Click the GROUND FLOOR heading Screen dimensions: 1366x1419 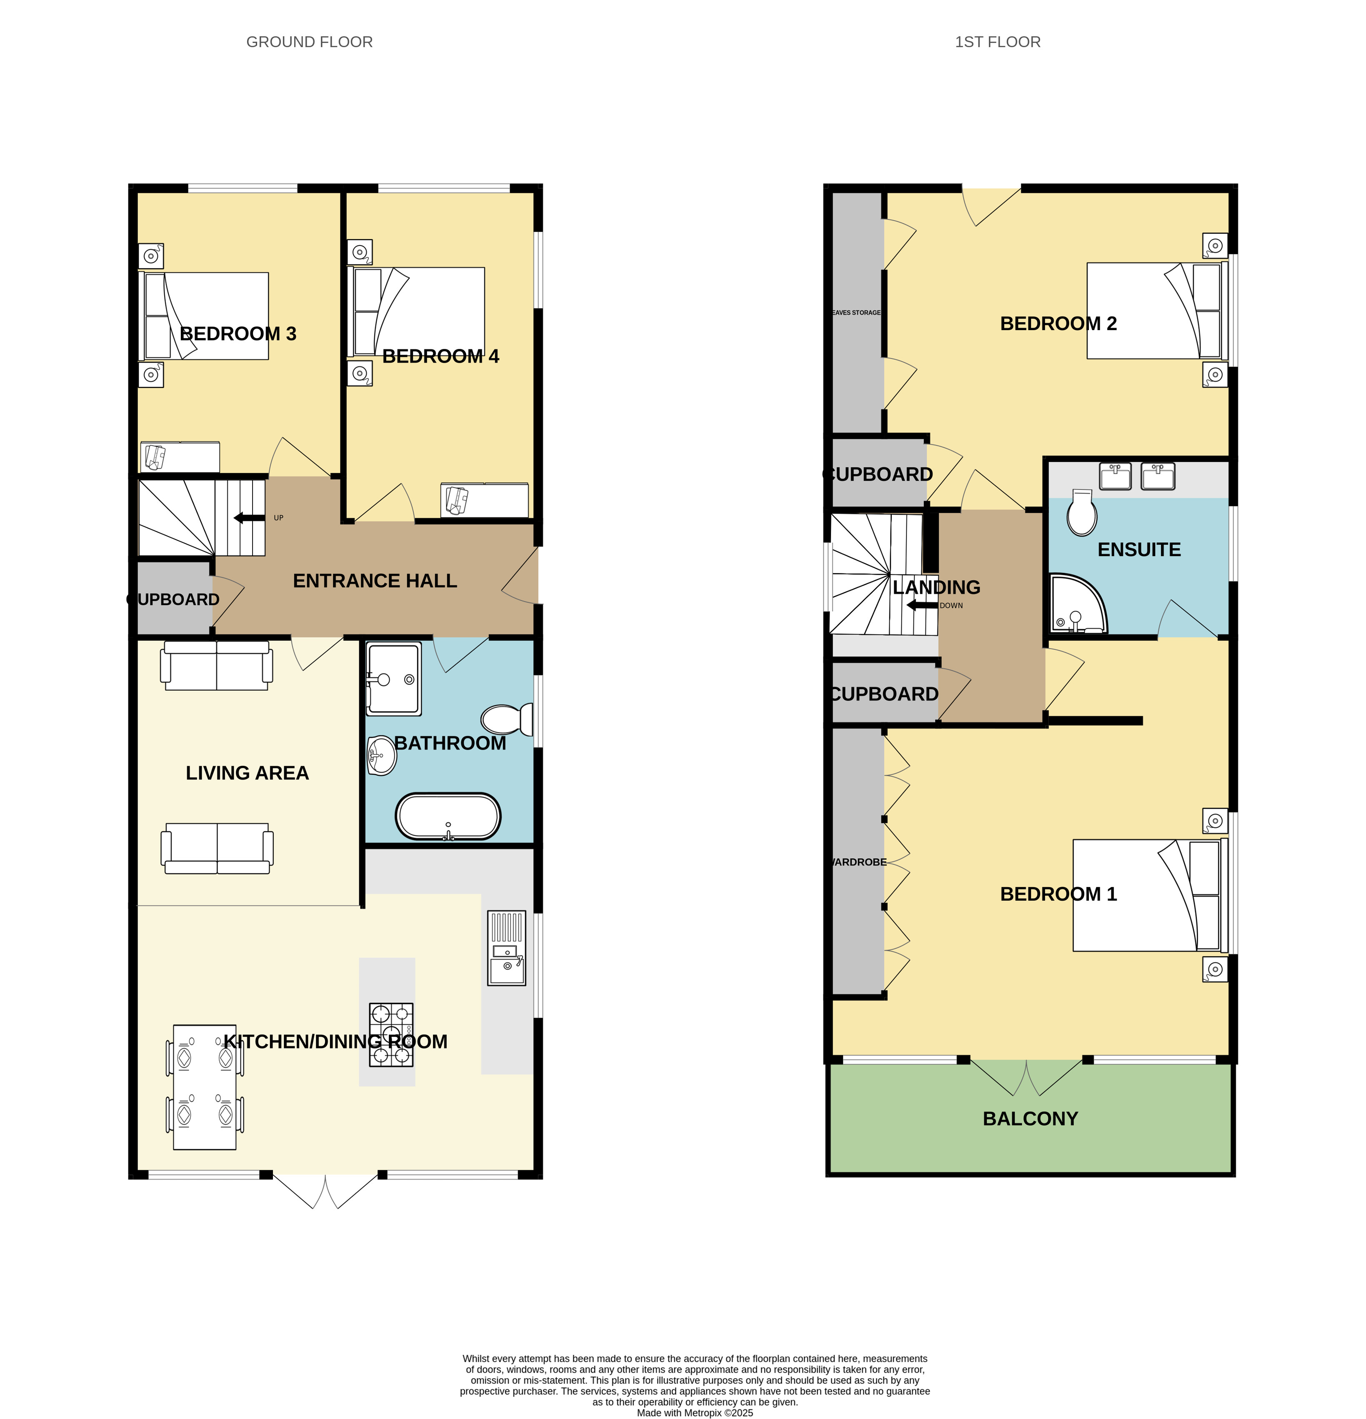(309, 42)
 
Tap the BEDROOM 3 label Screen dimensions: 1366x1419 (238, 334)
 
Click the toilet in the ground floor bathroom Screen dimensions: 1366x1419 (507, 719)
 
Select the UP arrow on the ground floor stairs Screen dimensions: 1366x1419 (249, 518)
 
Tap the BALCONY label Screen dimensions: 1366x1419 (1030, 1118)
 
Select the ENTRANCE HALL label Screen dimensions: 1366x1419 (375, 581)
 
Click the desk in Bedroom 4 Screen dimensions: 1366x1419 (484, 499)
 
